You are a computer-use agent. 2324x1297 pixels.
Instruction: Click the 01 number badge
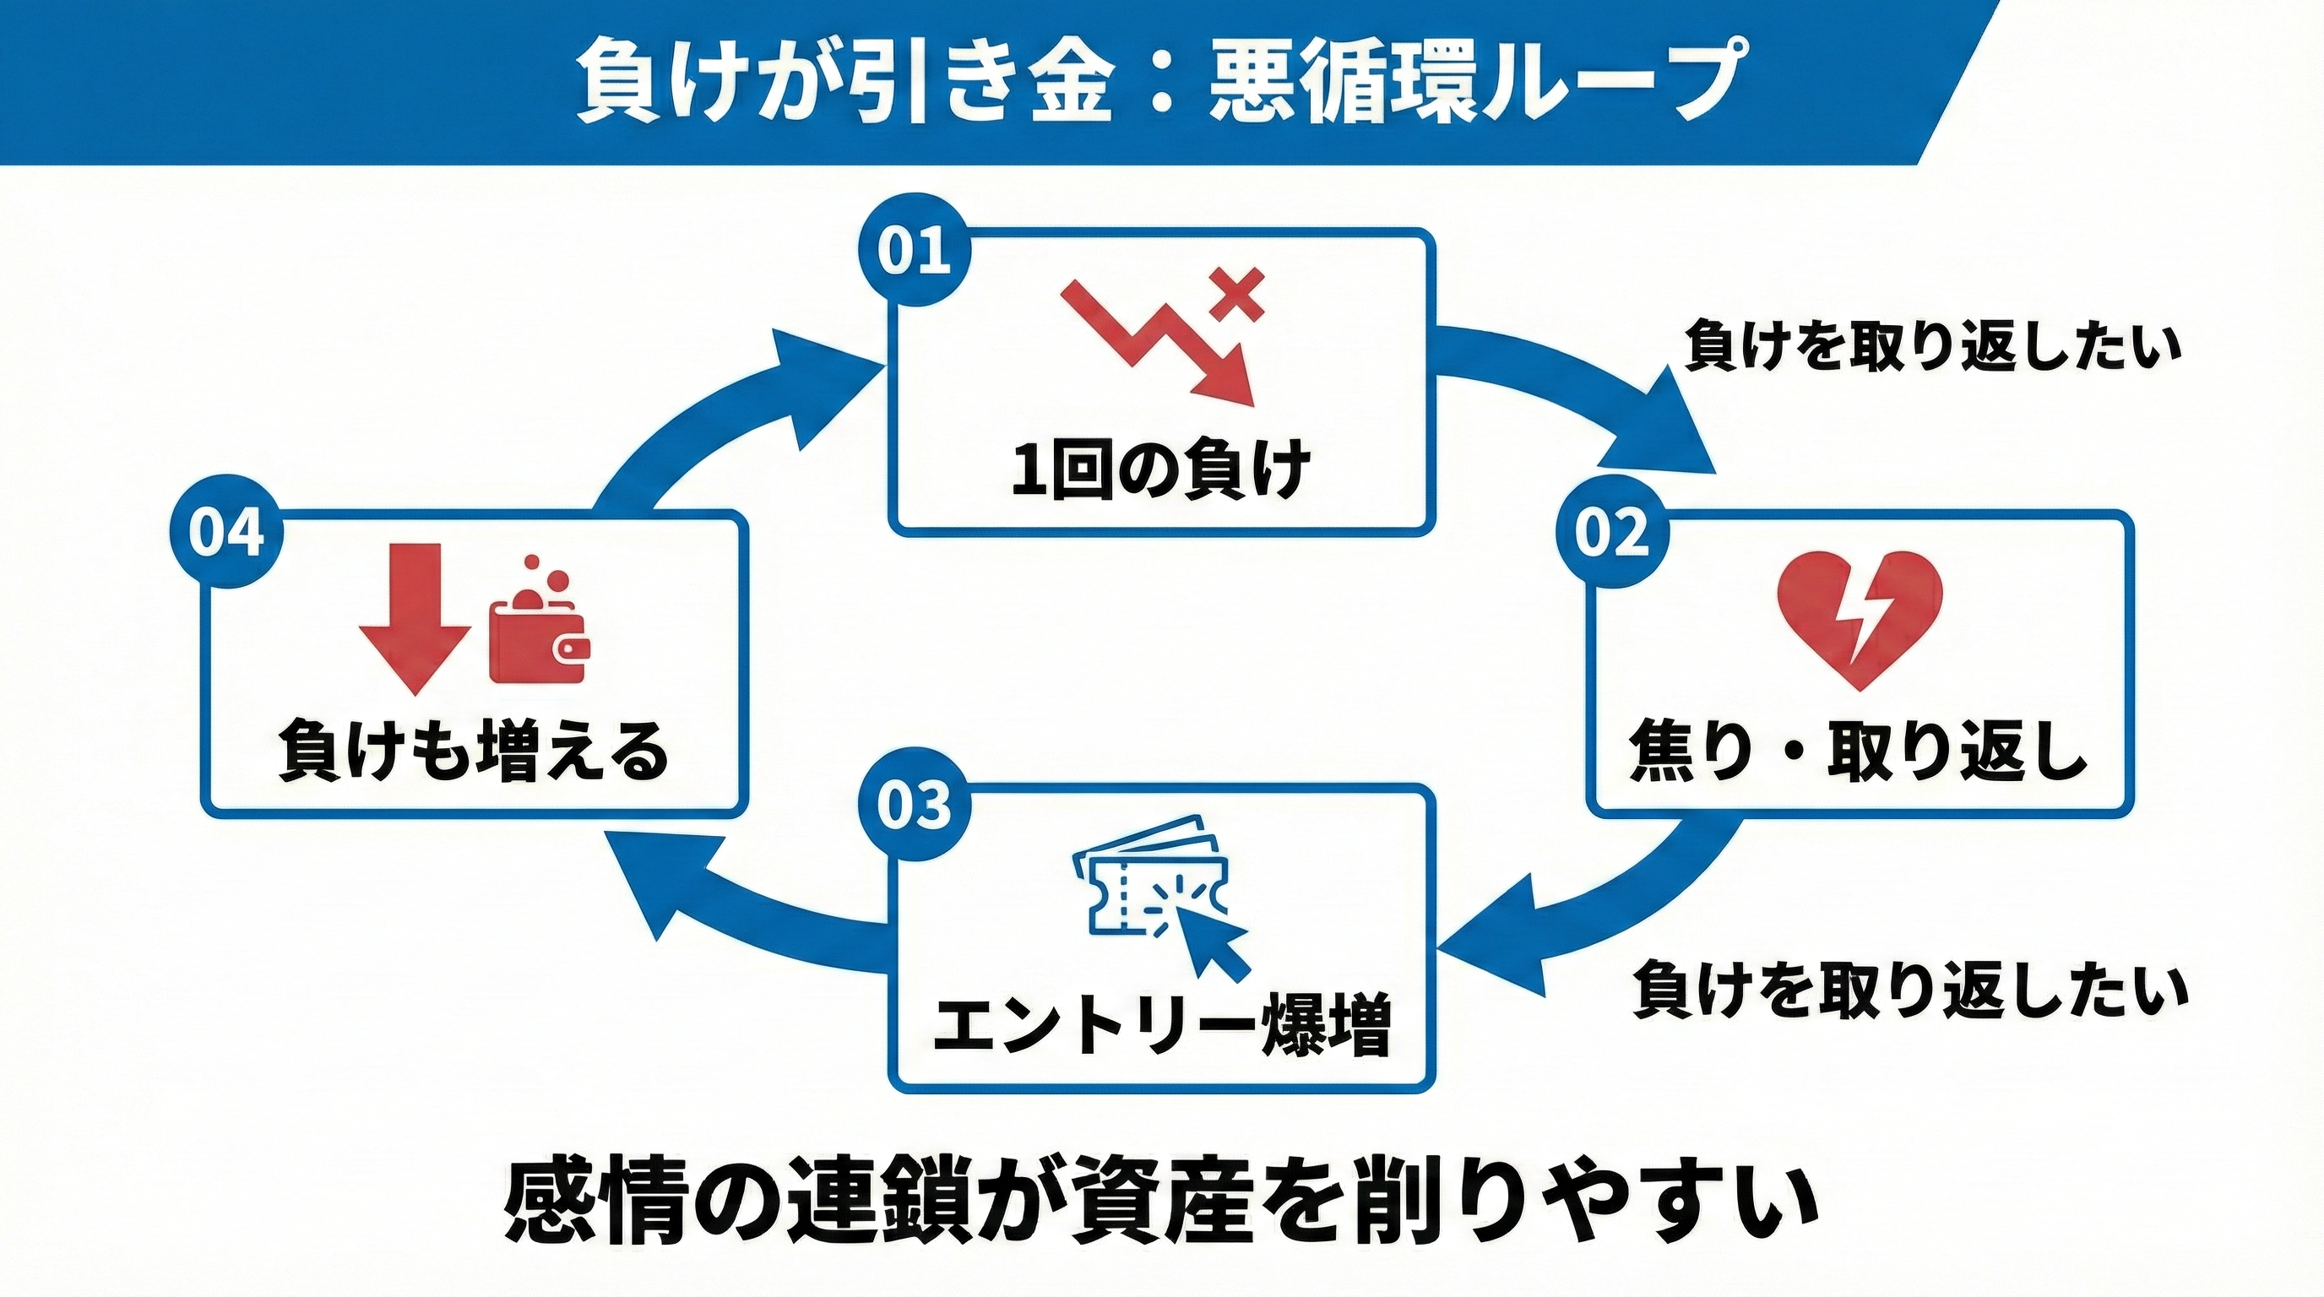coord(914,252)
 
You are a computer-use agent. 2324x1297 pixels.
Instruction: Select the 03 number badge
coord(914,806)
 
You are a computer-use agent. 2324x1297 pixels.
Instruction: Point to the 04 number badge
coord(226,533)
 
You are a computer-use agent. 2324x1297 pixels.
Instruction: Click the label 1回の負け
coord(1160,470)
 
